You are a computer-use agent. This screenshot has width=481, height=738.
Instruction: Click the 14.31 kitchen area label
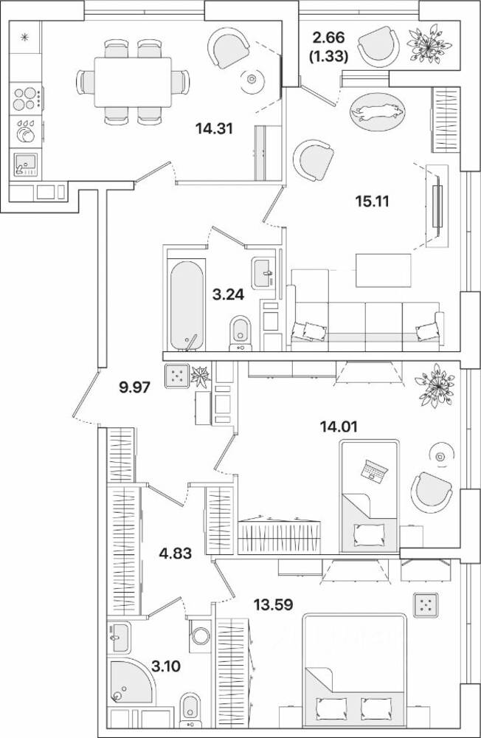(x=214, y=128)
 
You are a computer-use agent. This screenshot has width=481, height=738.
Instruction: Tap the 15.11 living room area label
(x=373, y=201)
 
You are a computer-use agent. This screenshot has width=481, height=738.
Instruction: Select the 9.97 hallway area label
(x=134, y=388)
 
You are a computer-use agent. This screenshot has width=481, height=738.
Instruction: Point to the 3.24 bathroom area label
(x=228, y=294)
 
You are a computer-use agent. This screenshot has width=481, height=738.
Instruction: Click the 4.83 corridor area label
(x=175, y=553)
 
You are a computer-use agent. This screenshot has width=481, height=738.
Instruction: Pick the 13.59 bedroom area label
(x=274, y=604)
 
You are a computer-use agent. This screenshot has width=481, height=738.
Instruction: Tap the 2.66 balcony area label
(x=329, y=37)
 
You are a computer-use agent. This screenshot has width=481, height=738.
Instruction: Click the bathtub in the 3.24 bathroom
(x=187, y=306)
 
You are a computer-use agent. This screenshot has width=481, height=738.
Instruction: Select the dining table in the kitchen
(x=133, y=82)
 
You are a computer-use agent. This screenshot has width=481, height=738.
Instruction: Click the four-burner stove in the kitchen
(x=25, y=98)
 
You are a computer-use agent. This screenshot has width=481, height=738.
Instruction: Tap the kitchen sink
(x=25, y=165)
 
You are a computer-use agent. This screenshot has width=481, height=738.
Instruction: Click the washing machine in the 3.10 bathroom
(x=201, y=635)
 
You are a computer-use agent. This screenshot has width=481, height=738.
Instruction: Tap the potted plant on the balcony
(x=429, y=45)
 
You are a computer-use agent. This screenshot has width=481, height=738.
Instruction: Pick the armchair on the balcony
(x=378, y=46)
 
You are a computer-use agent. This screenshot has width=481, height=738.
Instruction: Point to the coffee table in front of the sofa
(x=383, y=270)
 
